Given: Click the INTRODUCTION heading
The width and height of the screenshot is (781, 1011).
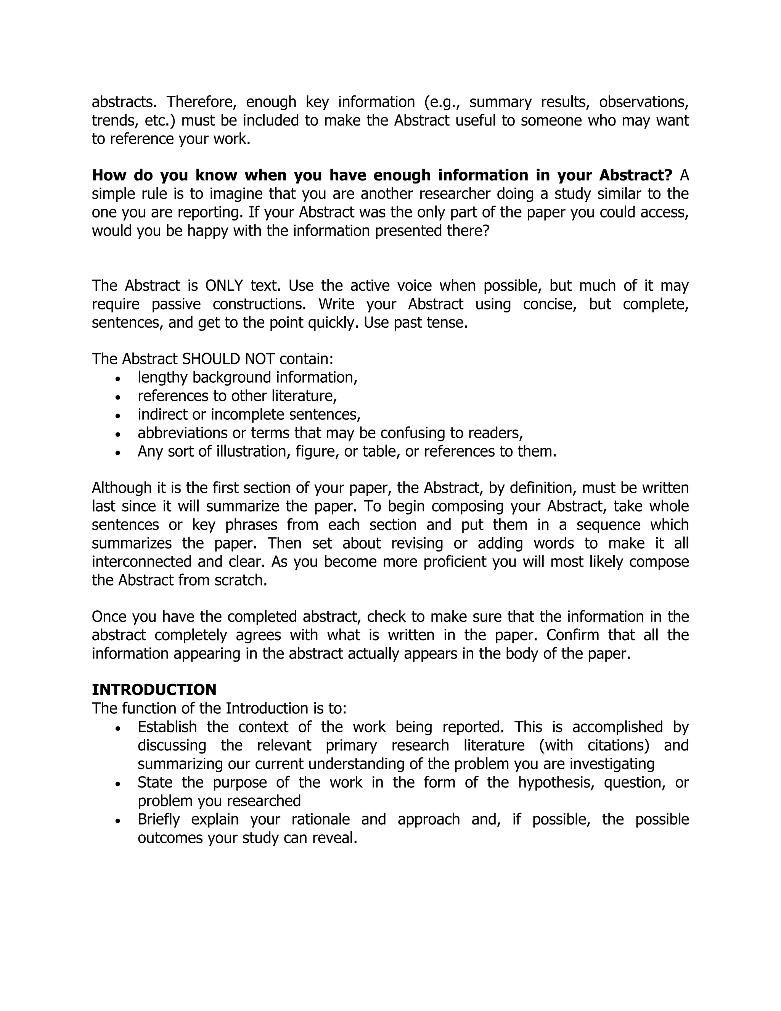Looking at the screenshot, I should (154, 690).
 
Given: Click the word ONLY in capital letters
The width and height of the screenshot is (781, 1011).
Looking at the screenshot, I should (224, 286).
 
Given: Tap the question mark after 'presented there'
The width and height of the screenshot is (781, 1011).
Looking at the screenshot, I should (485, 230).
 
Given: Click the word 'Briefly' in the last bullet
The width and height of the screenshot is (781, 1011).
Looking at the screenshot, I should (158, 819).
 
